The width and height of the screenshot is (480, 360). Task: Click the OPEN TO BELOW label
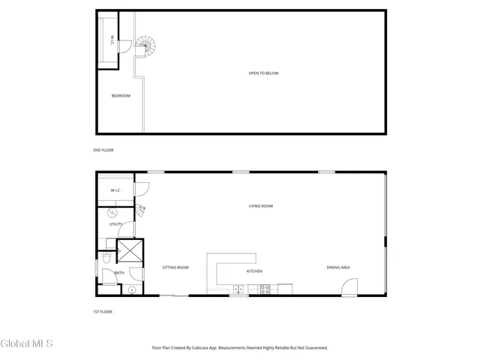[x=263, y=73]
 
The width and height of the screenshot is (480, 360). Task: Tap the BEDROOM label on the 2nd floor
[x=121, y=95]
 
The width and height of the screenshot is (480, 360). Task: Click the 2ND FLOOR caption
[x=103, y=150]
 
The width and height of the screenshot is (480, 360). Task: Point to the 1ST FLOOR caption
[x=102, y=311]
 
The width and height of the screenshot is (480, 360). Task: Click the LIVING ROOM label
[x=261, y=206]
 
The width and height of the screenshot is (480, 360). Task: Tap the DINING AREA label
[x=338, y=268]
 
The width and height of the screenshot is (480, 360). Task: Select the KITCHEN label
[x=254, y=271]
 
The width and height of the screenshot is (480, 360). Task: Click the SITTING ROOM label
[x=175, y=268]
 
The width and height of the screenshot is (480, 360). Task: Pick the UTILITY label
[x=115, y=224]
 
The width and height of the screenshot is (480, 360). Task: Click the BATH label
[x=119, y=272]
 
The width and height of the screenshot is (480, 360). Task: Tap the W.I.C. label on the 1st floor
[x=115, y=190]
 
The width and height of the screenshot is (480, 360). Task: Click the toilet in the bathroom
[x=106, y=257]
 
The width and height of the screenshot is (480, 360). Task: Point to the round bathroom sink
[x=131, y=289]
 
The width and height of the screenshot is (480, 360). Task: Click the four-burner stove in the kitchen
[x=265, y=289]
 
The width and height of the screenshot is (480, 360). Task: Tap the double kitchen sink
[x=238, y=289]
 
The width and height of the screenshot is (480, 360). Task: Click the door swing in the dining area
[x=349, y=287]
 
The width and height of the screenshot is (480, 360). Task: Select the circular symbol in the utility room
[x=113, y=212]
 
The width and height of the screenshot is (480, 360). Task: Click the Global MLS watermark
[x=27, y=343]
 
